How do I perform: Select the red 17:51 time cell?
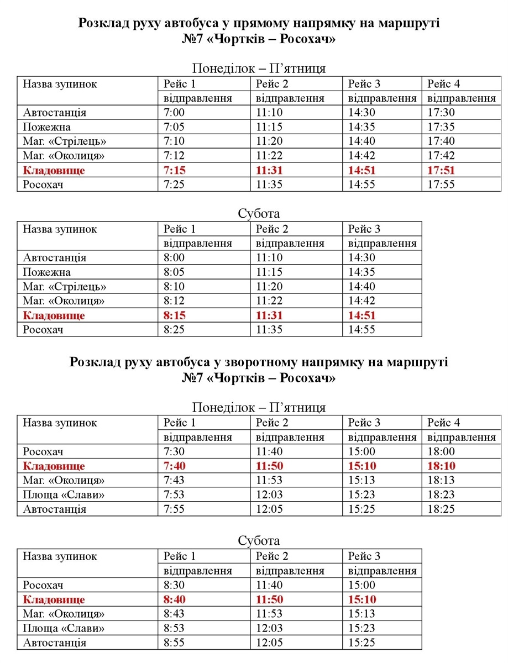(441, 170)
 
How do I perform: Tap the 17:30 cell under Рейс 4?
(441, 113)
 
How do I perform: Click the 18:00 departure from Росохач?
(441, 452)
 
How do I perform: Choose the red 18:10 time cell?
(442, 466)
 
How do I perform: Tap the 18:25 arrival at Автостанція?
(441, 509)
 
